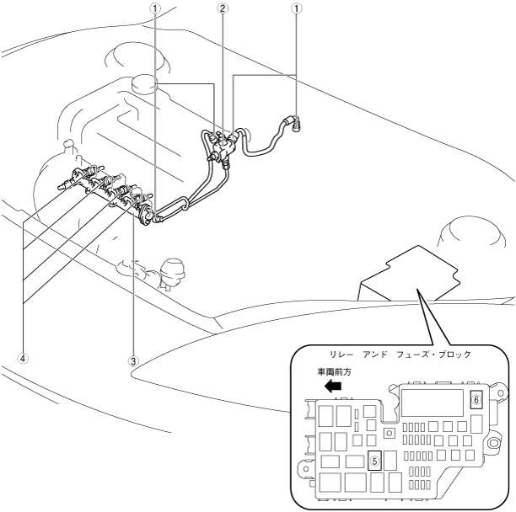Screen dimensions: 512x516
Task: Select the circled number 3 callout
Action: [x=132, y=360]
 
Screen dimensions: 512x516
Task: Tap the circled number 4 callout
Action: [x=24, y=357]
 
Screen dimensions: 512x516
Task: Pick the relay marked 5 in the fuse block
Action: [x=375, y=461]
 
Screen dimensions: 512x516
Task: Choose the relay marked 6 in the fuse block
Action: [x=476, y=400]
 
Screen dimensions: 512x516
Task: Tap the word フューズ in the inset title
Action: [x=415, y=355]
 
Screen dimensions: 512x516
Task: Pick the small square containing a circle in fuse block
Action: [x=389, y=433]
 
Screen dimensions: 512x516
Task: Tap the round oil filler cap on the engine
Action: [x=145, y=84]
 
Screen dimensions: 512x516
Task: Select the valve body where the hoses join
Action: [x=223, y=145]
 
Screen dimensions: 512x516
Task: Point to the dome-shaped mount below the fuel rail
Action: [x=175, y=271]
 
